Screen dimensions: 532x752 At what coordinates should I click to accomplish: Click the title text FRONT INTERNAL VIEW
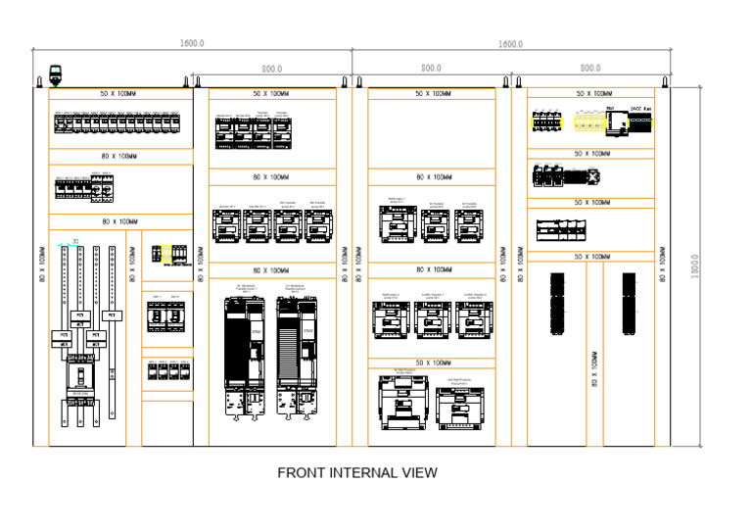coord(357,473)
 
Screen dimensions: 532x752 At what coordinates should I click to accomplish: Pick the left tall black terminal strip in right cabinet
coord(558,304)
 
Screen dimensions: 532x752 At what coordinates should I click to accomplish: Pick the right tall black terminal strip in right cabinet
coord(629,304)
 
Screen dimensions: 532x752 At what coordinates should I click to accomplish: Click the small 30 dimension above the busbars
coord(76,240)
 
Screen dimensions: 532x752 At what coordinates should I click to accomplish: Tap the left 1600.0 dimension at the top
coord(192,44)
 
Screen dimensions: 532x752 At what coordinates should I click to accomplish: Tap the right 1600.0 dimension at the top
coord(510,44)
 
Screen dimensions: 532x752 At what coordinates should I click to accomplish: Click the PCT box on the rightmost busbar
coord(113,315)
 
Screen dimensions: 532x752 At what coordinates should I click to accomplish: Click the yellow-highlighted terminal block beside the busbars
coord(166,253)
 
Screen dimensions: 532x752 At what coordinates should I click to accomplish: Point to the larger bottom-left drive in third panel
coord(399,400)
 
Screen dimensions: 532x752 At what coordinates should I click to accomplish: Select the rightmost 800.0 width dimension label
coord(590,69)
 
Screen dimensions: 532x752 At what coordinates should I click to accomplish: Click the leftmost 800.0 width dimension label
coord(271,69)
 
